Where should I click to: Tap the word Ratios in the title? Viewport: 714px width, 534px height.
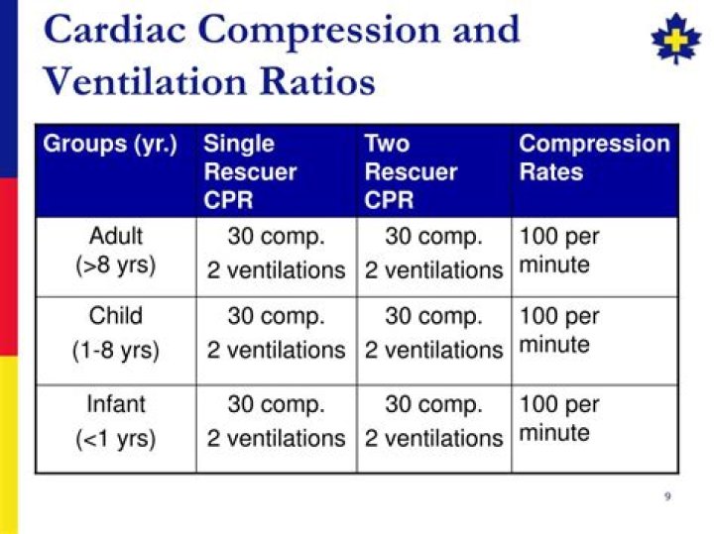tap(318, 81)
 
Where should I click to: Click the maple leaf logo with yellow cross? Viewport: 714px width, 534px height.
tap(675, 39)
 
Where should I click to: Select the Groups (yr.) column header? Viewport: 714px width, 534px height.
tap(110, 145)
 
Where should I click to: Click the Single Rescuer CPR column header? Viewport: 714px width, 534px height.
tap(250, 171)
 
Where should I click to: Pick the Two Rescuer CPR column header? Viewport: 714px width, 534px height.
tap(411, 171)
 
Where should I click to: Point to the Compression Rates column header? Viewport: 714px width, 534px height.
tap(595, 158)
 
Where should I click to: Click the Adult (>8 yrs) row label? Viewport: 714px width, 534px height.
tap(116, 251)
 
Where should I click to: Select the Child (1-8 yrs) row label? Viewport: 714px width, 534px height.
tap(116, 333)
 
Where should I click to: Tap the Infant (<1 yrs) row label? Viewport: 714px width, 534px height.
tap(116, 421)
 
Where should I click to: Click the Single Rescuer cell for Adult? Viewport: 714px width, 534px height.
tap(276, 253)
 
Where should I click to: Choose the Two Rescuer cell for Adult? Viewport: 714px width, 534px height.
tap(433, 253)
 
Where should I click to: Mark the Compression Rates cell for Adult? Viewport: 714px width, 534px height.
tap(559, 251)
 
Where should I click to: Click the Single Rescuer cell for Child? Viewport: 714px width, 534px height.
tap(276, 333)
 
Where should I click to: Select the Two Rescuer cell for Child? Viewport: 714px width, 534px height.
tap(433, 333)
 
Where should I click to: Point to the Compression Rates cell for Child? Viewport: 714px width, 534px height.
tap(559, 330)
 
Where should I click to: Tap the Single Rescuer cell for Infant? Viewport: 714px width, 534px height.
tap(276, 421)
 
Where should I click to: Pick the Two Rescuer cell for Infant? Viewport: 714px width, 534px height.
tap(433, 421)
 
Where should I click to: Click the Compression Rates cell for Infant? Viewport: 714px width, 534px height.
tap(559, 418)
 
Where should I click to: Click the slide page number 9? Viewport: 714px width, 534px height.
tap(667, 495)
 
